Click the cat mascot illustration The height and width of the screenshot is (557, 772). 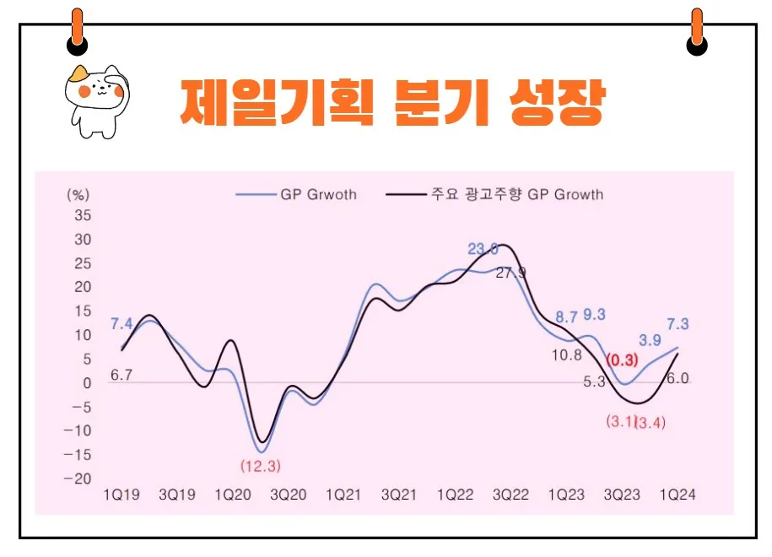pos(94,100)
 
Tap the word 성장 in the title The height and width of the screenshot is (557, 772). pos(557,102)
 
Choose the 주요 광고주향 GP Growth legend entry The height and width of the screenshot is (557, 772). pos(494,194)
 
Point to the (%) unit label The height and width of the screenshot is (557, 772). pos(78,193)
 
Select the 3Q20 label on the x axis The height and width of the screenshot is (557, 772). pos(288,495)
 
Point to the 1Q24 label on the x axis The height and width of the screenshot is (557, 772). pos(677,495)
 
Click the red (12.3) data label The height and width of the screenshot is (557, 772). pos(260,465)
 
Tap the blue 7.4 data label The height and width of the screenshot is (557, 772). pos(121,323)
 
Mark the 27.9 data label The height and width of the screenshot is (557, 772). pos(510,273)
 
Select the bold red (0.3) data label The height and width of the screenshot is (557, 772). pos(623,360)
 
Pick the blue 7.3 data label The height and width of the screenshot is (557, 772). pos(678,324)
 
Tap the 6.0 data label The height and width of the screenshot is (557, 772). pos(678,379)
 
